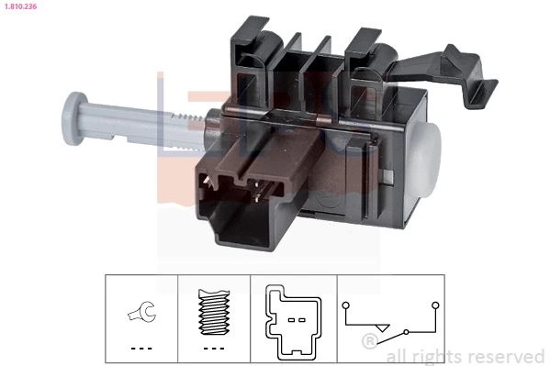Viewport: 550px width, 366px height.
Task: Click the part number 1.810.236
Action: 21,6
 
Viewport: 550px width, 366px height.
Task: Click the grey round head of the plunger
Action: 74,118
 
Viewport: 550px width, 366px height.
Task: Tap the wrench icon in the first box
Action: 141,311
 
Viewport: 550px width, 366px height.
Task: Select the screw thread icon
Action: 214,312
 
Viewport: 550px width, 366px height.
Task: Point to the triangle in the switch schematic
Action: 382,328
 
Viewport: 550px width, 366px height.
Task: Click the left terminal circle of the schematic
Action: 346,305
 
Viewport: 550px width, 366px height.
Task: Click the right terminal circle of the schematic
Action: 435,305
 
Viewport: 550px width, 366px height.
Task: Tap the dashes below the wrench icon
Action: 141,349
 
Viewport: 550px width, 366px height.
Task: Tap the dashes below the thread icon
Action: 214,349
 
